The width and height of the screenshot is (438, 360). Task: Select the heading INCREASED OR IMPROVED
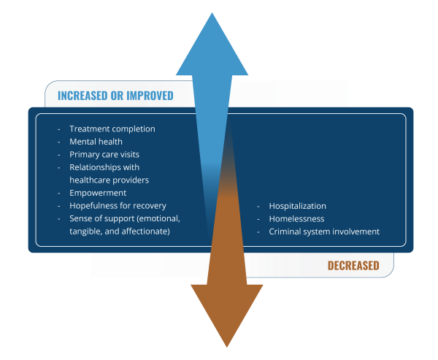pyautogui.click(x=115, y=96)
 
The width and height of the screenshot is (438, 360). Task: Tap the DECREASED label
pyautogui.click(x=353, y=266)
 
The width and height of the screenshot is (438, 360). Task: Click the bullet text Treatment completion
pyautogui.click(x=112, y=129)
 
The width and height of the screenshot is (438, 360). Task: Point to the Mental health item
pyautogui.click(x=96, y=142)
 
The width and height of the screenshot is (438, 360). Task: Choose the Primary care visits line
pyautogui.click(x=104, y=155)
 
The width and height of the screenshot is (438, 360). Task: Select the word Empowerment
pyautogui.click(x=98, y=193)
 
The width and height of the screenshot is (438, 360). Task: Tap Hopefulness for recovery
pyautogui.click(x=118, y=206)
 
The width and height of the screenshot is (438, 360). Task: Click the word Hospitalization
pyautogui.click(x=298, y=206)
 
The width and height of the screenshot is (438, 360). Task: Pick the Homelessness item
pyautogui.click(x=296, y=219)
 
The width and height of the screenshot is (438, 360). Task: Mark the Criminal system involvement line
pyautogui.click(x=324, y=231)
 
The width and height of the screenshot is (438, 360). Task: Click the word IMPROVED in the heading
pyautogui.click(x=150, y=96)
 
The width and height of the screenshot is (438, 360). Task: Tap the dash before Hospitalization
pyautogui.click(x=258, y=207)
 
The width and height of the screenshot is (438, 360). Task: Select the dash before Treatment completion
pyautogui.click(x=59, y=129)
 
